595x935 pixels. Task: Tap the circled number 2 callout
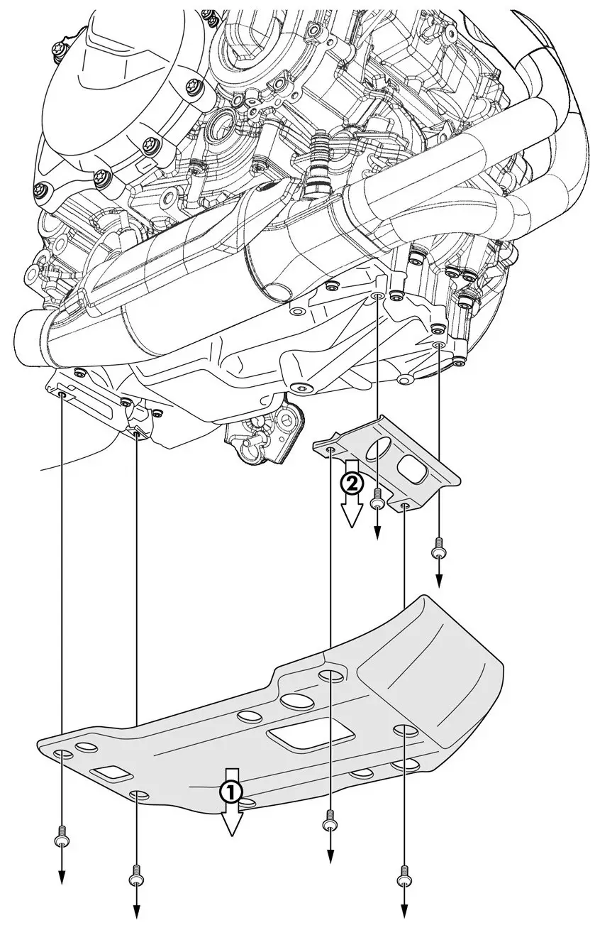[352, 484]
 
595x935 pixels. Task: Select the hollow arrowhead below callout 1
[232, 822]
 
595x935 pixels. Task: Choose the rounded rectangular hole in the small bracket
[411, 469]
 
